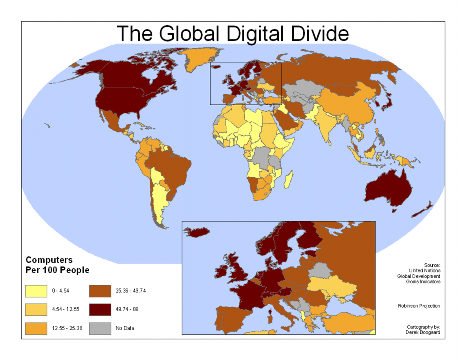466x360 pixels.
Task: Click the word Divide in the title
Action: pos(319,34)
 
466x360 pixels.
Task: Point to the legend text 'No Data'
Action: pos(125,328)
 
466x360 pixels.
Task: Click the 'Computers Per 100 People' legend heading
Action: pos(57,265)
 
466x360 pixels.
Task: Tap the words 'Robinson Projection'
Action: pos(419,306)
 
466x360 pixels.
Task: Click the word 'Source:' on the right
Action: pos(432,265)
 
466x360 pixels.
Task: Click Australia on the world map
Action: pos(389,187)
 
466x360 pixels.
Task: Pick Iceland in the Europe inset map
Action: pos(196,232)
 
